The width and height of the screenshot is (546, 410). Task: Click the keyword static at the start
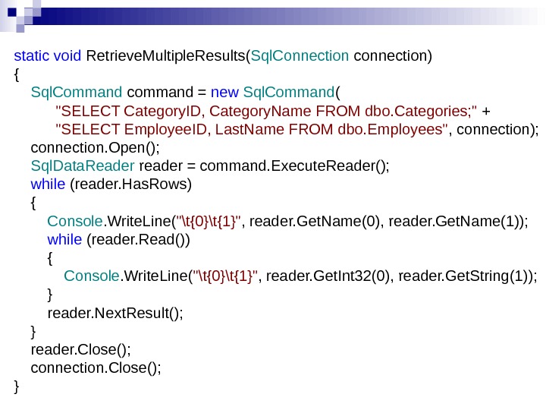point(29,55)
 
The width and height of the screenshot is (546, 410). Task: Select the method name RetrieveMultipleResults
point(167,55)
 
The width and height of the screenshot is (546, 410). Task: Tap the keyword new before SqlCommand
point(224,93)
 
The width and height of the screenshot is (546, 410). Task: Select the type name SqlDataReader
point(83,166)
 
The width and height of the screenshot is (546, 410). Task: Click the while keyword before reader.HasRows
point(48,184)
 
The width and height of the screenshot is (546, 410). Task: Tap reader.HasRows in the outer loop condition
point(130,184)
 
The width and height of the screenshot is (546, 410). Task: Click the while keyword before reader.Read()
point(64,240)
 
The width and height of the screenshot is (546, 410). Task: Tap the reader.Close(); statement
point(81,350)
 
